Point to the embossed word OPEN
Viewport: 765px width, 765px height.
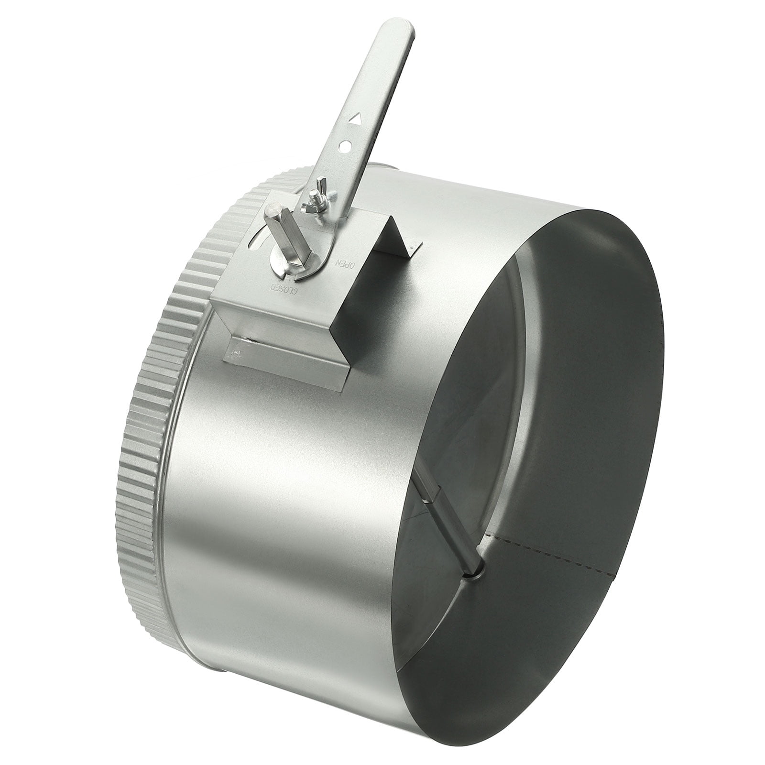[x=344, y=262]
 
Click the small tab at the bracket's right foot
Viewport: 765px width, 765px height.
[x=415, y=245]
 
